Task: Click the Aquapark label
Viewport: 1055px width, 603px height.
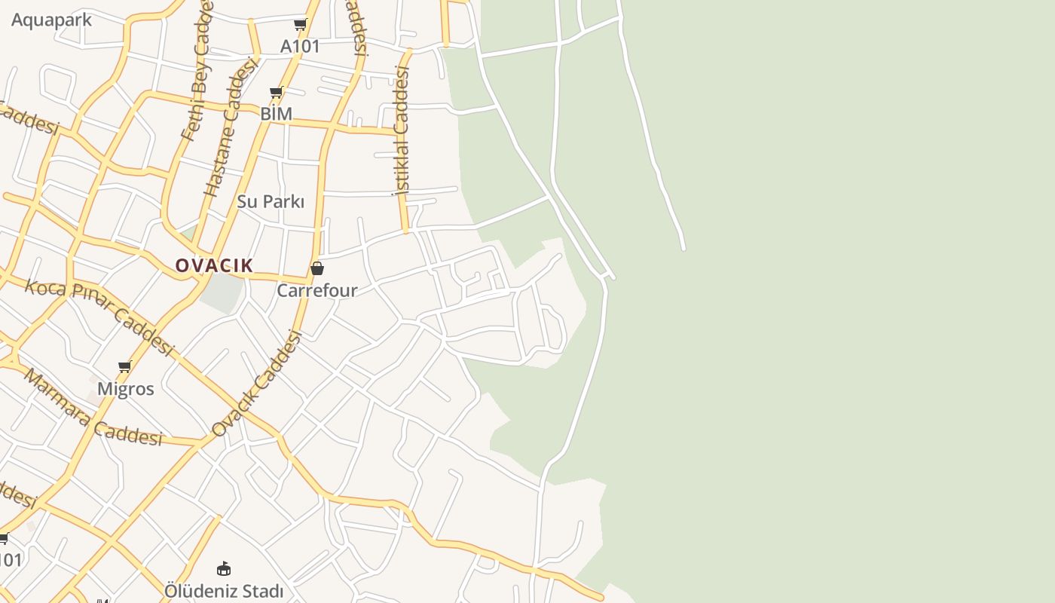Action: (51, 20)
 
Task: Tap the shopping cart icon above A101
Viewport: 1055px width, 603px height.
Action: (300, 25)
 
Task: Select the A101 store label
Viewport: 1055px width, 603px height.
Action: (300, 46)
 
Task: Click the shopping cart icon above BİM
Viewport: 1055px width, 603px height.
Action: (276, 93)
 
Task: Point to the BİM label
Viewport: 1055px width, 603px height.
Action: (276, 114)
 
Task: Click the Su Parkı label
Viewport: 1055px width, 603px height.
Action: (271, 201)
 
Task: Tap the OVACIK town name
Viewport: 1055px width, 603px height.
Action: (214, 265)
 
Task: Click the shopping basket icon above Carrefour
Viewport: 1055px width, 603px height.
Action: (317, 268)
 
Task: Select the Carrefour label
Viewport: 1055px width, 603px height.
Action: (317, 290)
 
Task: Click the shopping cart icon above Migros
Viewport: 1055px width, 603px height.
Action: (125, 367)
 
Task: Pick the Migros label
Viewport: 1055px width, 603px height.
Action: (126, 389)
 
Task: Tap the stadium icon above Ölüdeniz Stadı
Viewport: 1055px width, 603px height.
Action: (223, 568)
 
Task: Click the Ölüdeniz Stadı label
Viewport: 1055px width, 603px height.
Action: (224, 591)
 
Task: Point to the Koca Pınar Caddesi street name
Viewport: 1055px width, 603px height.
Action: (99, 317)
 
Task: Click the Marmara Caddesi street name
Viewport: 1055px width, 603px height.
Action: (93, 407)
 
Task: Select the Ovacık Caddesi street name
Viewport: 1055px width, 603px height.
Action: (256, 384)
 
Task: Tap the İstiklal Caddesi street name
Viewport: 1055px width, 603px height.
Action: (401, 131)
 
